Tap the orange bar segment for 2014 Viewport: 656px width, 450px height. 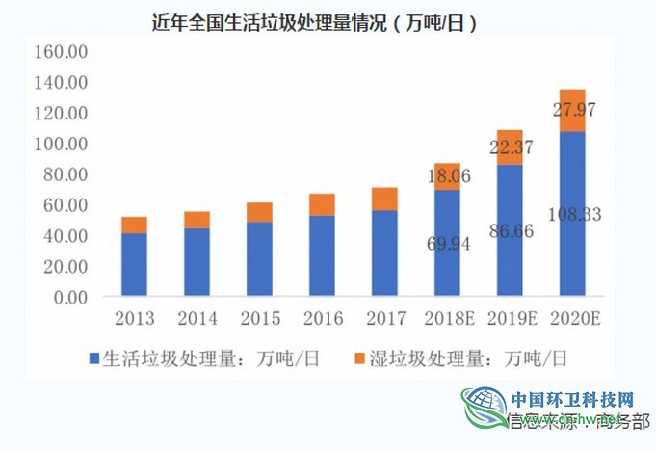click(197, 220)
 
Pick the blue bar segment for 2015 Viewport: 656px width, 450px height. click(259, 258)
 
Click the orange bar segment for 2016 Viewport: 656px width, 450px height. click(322, 204)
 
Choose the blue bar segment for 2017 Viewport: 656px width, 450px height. click(384, 252)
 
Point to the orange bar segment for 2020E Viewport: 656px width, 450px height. click(572, 110)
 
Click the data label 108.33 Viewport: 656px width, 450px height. click(572, 214)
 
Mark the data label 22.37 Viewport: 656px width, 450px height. click(510, 146)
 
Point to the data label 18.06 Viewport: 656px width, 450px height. click(447, 175)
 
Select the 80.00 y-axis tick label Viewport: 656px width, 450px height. click(65, 174)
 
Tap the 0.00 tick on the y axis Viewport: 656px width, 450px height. click(68, 297)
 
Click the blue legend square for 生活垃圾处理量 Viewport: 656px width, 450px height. click(94, 359)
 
